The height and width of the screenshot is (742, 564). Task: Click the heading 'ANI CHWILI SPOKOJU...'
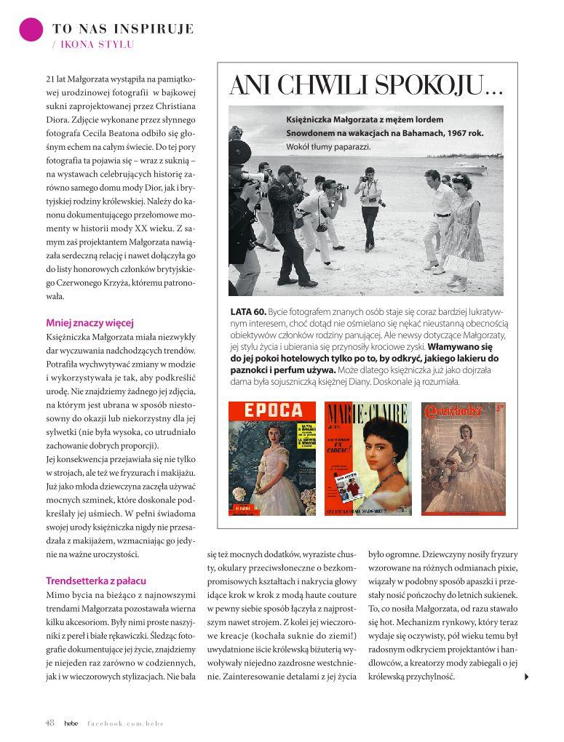(366, 87)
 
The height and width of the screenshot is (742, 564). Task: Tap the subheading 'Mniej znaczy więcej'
(90, 323)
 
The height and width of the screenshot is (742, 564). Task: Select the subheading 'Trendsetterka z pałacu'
(95, 581)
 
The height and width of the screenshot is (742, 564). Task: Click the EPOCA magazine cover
(272, 458)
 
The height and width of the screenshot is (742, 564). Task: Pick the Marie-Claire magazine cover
(368, 458)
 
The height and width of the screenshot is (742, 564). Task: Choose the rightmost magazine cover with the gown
(464, 458)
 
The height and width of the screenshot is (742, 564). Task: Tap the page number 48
(49, 722)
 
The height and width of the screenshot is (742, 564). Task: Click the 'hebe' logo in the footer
(71, 722)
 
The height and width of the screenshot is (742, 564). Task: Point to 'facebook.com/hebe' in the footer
(124, 722)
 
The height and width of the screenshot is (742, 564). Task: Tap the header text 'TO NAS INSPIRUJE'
(123, 29)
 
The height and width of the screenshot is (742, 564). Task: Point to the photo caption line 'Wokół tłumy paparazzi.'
(327, 146)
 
